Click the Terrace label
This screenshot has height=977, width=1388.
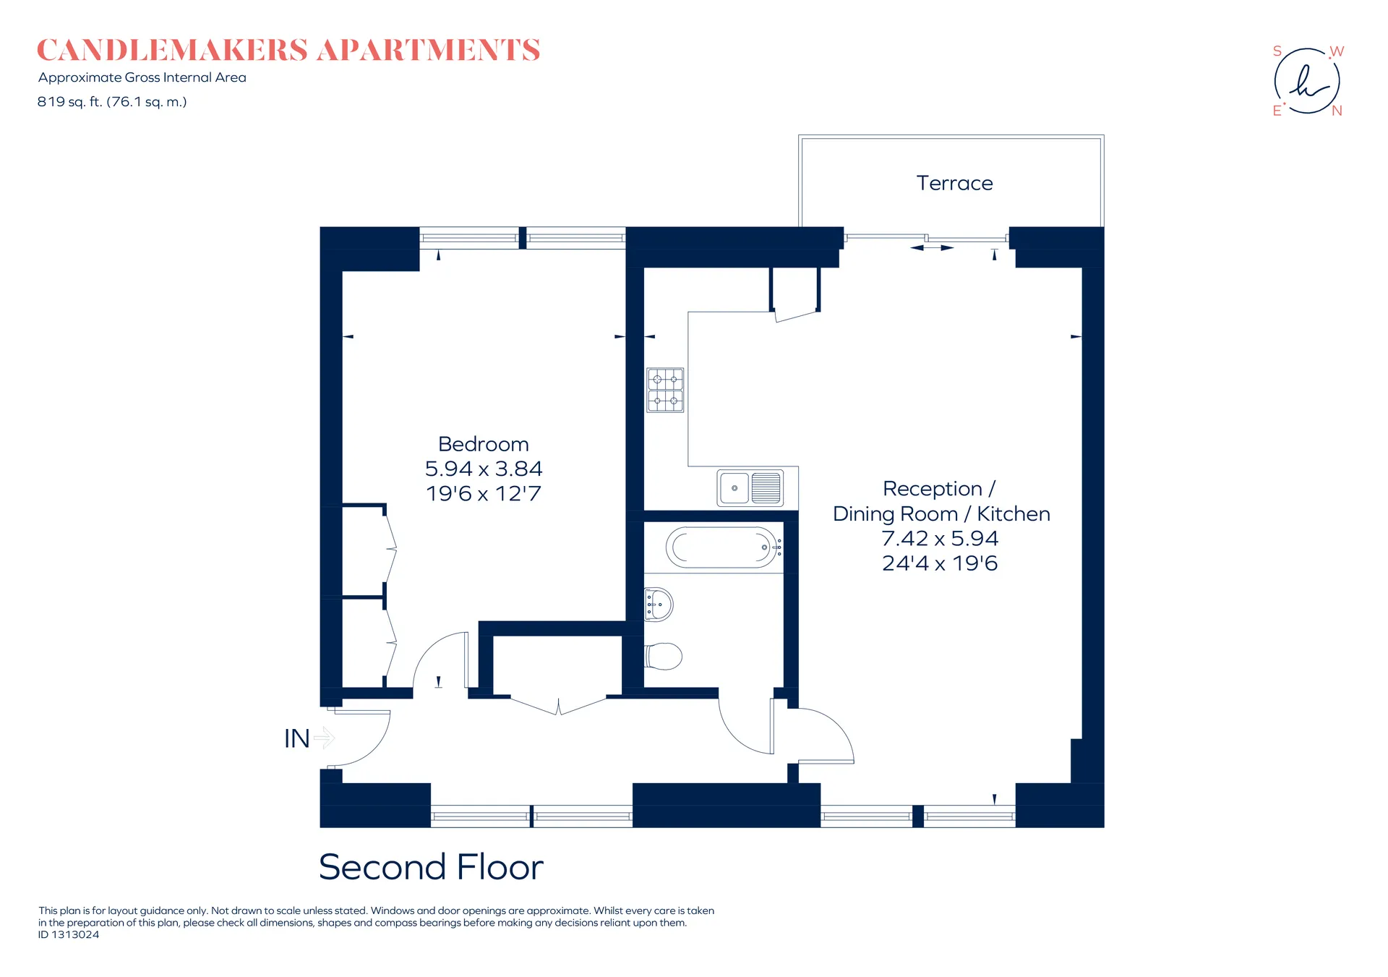click(x=954, y=183)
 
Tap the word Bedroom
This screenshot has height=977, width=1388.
click(x=484, y=444)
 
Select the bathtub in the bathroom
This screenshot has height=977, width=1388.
click(x=723, y=547)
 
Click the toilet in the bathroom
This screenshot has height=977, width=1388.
click(x=664, y=657)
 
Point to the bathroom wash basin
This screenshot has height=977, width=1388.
click(x=659, y=605)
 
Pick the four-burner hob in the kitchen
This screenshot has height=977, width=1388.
click(x=665, y=390)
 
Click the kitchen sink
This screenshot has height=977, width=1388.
click(x=750, y=488)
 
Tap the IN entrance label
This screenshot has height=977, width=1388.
click(x=297, y=738)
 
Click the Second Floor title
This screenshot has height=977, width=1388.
click(x=431, y=866)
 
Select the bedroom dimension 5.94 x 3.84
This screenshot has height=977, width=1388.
click(x=484, y=469)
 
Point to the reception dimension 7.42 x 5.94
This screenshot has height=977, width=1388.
click(x=940, y=538)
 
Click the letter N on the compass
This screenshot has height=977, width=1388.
click(x=1337, y=111)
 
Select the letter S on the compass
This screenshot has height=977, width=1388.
click(x=1277, y=51)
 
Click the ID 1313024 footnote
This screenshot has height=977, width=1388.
click(x=69, y=934)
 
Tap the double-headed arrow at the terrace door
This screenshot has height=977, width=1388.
click(x=932, y=248)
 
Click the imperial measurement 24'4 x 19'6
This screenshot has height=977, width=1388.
click(x=940, y=563)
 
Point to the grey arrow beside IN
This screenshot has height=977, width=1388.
click(x=325, y=738)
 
